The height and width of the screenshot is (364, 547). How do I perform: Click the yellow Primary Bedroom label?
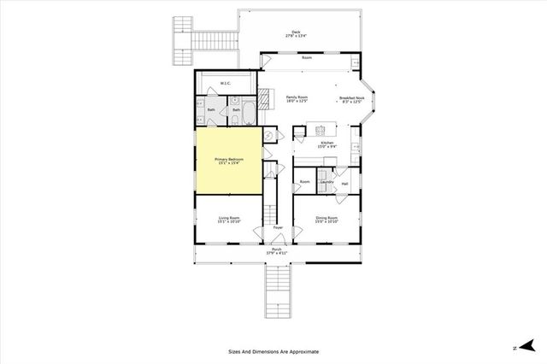point(228,160)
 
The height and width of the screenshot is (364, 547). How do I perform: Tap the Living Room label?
point(228,219)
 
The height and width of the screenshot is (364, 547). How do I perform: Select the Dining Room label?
point(327,219)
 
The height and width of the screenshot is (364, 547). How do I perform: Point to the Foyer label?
point(278,228)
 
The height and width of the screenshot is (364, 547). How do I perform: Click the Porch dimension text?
point(276,253)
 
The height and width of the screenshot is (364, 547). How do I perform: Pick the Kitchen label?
point(326,143)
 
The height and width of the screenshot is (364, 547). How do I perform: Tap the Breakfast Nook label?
point(352,99)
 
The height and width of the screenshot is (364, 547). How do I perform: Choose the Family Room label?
point(297,99)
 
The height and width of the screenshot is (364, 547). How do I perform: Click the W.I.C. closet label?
point(226,84)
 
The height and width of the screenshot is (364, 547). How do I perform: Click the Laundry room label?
point(326,182)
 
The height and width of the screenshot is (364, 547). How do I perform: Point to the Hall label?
point(344,183)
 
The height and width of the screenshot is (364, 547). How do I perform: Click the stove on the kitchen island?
point(322,130)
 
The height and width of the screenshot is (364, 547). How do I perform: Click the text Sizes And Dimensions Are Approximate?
point(273,351)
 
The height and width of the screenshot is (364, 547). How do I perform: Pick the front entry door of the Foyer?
point(278,244)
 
